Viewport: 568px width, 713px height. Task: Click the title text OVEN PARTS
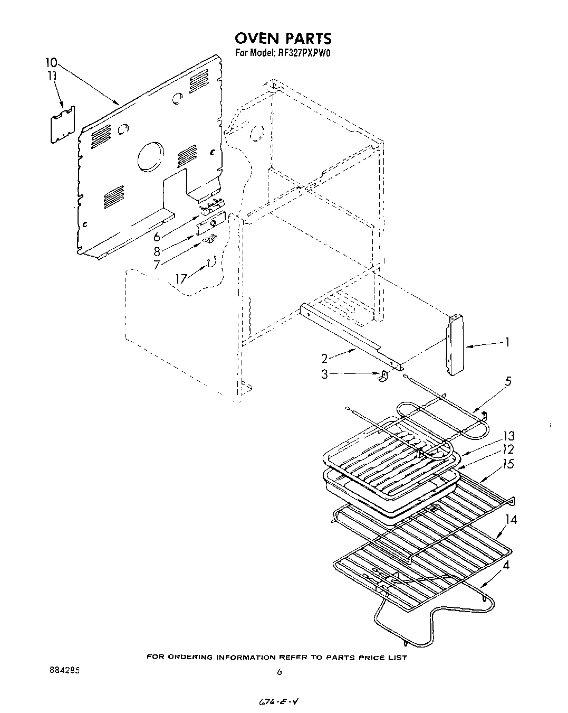click(283, 38)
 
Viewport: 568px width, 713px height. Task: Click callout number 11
click(52, 76)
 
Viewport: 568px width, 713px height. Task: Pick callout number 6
click(157, 237)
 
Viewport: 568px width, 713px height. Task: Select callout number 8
click(157, 251)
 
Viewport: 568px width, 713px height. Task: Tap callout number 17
click(181, 278)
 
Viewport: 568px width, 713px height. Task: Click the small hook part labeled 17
click(212, 262)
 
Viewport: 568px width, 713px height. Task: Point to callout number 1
click(507, 342)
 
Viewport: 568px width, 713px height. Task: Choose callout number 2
click(325, 359)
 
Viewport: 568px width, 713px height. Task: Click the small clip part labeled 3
click(383, 376)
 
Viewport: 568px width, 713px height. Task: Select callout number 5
click(508, 380)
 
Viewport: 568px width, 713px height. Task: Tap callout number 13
click(508, 436)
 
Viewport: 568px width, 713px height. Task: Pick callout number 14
click(510, 520)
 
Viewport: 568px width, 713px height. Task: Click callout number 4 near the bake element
click(506, 566)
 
